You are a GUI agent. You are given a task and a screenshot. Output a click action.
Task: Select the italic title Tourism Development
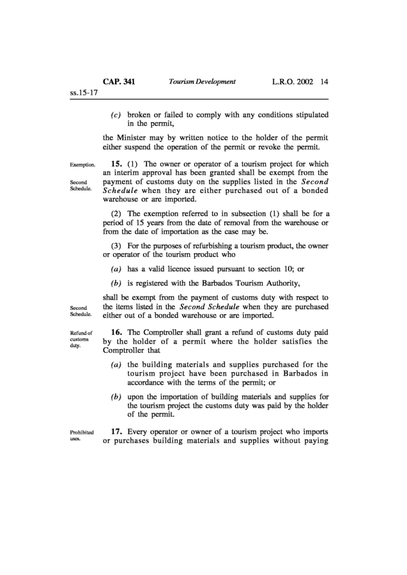[202, 82]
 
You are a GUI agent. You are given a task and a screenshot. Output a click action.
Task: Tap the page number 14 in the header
[324, 82]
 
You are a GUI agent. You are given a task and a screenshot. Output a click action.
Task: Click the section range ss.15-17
[83, 93]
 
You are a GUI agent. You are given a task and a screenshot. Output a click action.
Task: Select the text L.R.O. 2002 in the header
[291, 82]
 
